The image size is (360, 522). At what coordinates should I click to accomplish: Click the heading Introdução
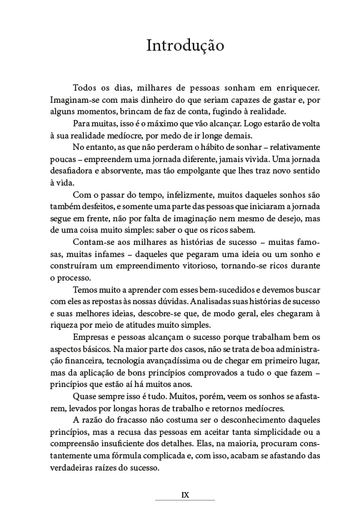coord(185,46)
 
